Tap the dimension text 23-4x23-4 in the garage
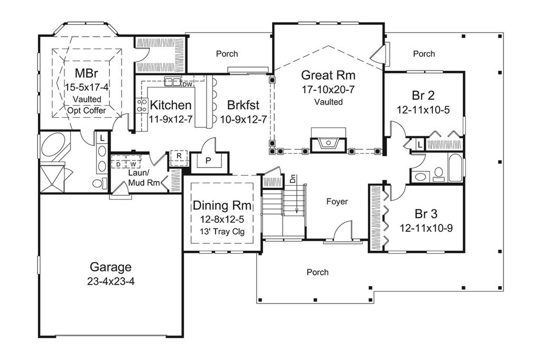110,282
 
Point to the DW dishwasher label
187,84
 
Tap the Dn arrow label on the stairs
293,179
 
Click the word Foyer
337,202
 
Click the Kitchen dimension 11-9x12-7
166,119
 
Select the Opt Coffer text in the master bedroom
87,110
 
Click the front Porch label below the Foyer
318,272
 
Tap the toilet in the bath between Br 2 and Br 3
438,174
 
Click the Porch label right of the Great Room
424,54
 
